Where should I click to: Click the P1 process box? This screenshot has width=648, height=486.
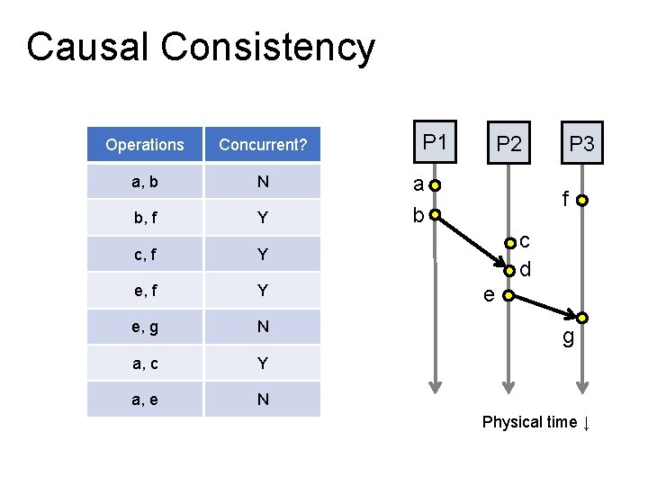point(435,143)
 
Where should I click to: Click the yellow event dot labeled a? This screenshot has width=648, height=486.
point(435,187)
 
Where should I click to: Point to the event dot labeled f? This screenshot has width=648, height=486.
point(582,201)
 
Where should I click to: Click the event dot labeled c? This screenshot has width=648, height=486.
point(509,242)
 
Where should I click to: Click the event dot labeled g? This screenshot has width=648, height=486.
point(582,318)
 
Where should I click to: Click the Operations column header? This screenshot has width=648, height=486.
point(144,145)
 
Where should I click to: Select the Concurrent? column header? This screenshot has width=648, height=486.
point(263,145)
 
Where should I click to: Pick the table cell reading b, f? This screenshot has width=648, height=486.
point(144,218)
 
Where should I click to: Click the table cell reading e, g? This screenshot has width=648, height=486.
point(144,327)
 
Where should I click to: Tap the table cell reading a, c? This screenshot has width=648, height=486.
point(144,363)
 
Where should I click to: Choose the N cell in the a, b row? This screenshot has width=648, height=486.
point(263,182)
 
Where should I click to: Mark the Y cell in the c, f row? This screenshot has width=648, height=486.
point(263,255)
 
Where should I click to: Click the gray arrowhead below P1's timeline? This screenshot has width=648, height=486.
point(435,386)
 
